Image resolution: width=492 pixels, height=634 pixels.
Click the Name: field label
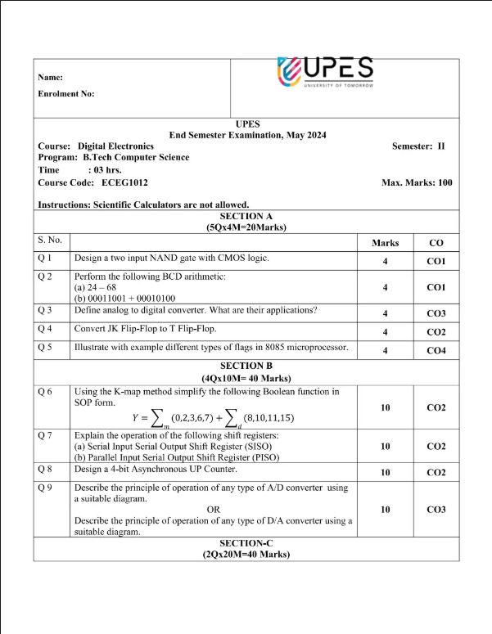pyautogui.click(x=51, y=77)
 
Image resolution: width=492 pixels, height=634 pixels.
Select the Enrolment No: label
pyautogui.click(x=66, y=93)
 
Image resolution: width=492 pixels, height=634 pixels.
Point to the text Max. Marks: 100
pyautogui.click(x=417, y=182)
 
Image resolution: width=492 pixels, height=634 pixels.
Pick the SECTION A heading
pyautogui.click(x=246, y=216)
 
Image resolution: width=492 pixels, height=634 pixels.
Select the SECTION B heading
pyautogui.click(x=246, y=366)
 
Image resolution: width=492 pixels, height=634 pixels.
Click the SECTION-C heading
pyautogui.click(x=246, y=543)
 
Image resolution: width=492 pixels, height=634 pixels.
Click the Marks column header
pyautogui.click(x=385, y=243)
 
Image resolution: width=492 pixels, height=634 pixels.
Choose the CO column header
pyautogui.click(x=436, y=243)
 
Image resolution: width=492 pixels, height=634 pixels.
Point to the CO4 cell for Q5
pyautogui.click(x=436, y=350)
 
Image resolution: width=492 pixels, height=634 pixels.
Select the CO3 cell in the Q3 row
pyautogui.click(x=436, y=313)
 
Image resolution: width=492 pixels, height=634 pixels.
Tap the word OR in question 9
pyautogui.click(x=214, y=509)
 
